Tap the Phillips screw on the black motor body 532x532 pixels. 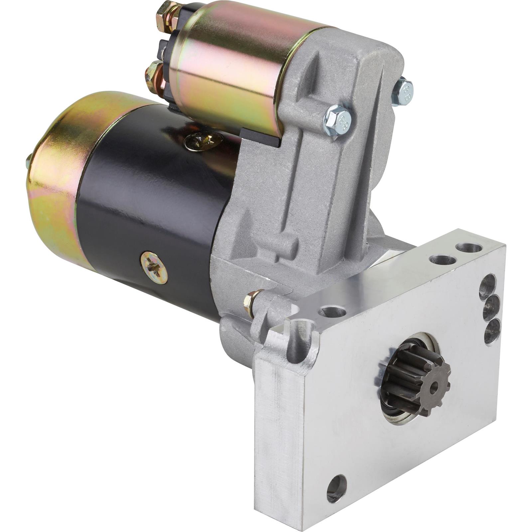pos(154,268)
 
